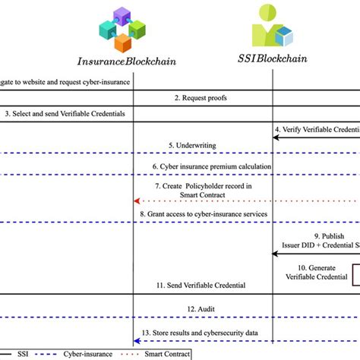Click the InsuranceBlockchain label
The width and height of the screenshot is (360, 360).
(134, 60)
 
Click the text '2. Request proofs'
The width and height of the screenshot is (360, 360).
(201, 98)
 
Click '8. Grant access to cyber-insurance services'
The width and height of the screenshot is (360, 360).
(204, 214)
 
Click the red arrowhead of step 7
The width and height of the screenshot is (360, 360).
(137, 201)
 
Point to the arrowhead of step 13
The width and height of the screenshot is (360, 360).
(137, 339)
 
